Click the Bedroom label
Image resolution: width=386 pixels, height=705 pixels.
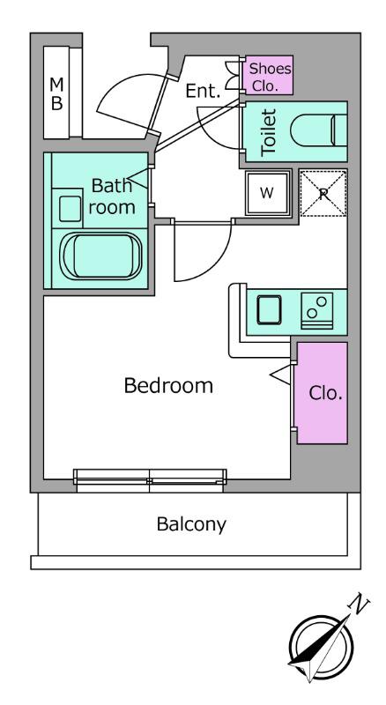tap(168, 386)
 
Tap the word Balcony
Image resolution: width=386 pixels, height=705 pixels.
tap(191, 524)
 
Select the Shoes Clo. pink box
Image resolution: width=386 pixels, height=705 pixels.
tap(268, 76)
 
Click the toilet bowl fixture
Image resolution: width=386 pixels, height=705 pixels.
tap(318, 130)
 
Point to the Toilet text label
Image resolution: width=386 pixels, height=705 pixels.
tap(269, 133)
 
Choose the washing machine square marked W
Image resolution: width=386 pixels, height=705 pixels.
tap(267, 193)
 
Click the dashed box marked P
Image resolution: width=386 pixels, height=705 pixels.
tap(323, 193)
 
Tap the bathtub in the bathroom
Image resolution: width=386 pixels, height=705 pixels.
tap(101, 256)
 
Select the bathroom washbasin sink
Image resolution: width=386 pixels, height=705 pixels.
tap(71, 209)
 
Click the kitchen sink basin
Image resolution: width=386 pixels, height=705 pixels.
tap(269, 310)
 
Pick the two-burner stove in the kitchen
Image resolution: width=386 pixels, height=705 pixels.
tap(316, 311)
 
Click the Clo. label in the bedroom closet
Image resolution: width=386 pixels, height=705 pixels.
tap(326, 393)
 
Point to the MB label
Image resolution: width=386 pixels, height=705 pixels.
tap(56, 93)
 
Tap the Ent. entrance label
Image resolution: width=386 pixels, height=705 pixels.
tap(204, 92)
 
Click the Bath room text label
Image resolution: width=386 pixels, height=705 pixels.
tap(112, 197)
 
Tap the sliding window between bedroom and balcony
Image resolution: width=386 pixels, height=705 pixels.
tap(150, 480)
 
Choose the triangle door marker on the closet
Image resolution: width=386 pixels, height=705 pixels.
tap(281, 375)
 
